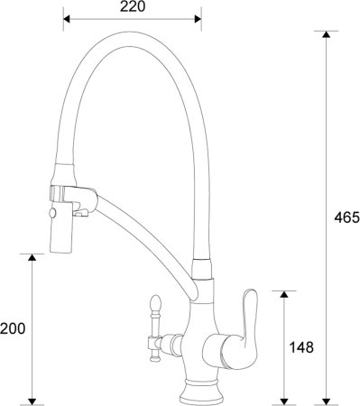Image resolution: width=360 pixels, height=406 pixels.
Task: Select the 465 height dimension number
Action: coord(346,217)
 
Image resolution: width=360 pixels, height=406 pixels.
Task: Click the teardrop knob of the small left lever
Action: coord(152,304)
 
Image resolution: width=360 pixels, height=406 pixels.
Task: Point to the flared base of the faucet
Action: coord(199,390)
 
